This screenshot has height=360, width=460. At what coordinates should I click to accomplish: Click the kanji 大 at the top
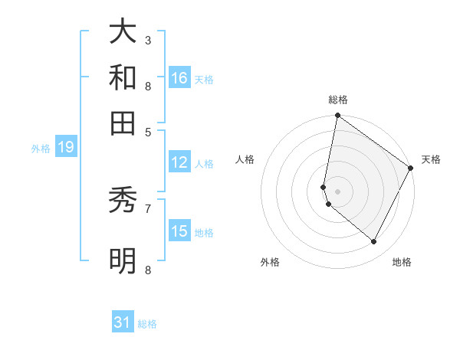123,32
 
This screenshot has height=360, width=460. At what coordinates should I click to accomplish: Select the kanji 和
123,77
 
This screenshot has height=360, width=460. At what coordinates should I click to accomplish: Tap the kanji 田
123,122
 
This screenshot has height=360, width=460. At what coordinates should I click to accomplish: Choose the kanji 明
123,260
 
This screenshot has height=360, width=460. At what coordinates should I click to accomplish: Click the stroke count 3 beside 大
147,40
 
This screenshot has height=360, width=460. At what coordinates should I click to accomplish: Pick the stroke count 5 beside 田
147,131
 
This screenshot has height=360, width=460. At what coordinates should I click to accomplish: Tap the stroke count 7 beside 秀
147,208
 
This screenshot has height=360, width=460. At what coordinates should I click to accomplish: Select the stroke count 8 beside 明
147,270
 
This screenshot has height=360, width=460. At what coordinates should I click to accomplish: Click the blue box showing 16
179,78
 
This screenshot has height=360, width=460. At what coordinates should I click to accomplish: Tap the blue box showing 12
179,162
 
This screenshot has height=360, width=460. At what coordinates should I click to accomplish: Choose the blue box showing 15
179,231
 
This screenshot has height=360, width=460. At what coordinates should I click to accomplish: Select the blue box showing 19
66,147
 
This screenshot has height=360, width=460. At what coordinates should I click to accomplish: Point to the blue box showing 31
123,322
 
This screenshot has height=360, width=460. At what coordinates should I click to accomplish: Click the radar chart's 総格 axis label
338,100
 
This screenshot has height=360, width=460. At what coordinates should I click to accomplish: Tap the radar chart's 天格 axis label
431,159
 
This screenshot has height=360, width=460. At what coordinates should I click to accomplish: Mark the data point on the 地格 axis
374,242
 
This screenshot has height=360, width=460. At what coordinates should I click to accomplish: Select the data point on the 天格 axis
411,168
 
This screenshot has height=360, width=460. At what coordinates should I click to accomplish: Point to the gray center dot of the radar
338,191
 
